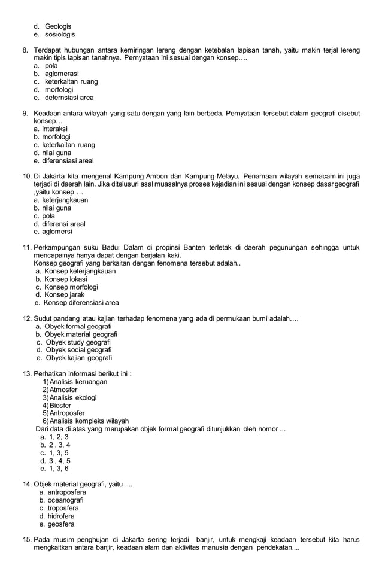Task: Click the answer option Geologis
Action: (58, 26)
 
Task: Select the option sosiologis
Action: (60, 35)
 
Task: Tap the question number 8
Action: (25, 50)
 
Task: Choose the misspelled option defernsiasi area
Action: (69, 98)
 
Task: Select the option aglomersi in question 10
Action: (57, 232)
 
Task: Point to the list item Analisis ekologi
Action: (73, 397)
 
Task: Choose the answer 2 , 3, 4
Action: (59, 445)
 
